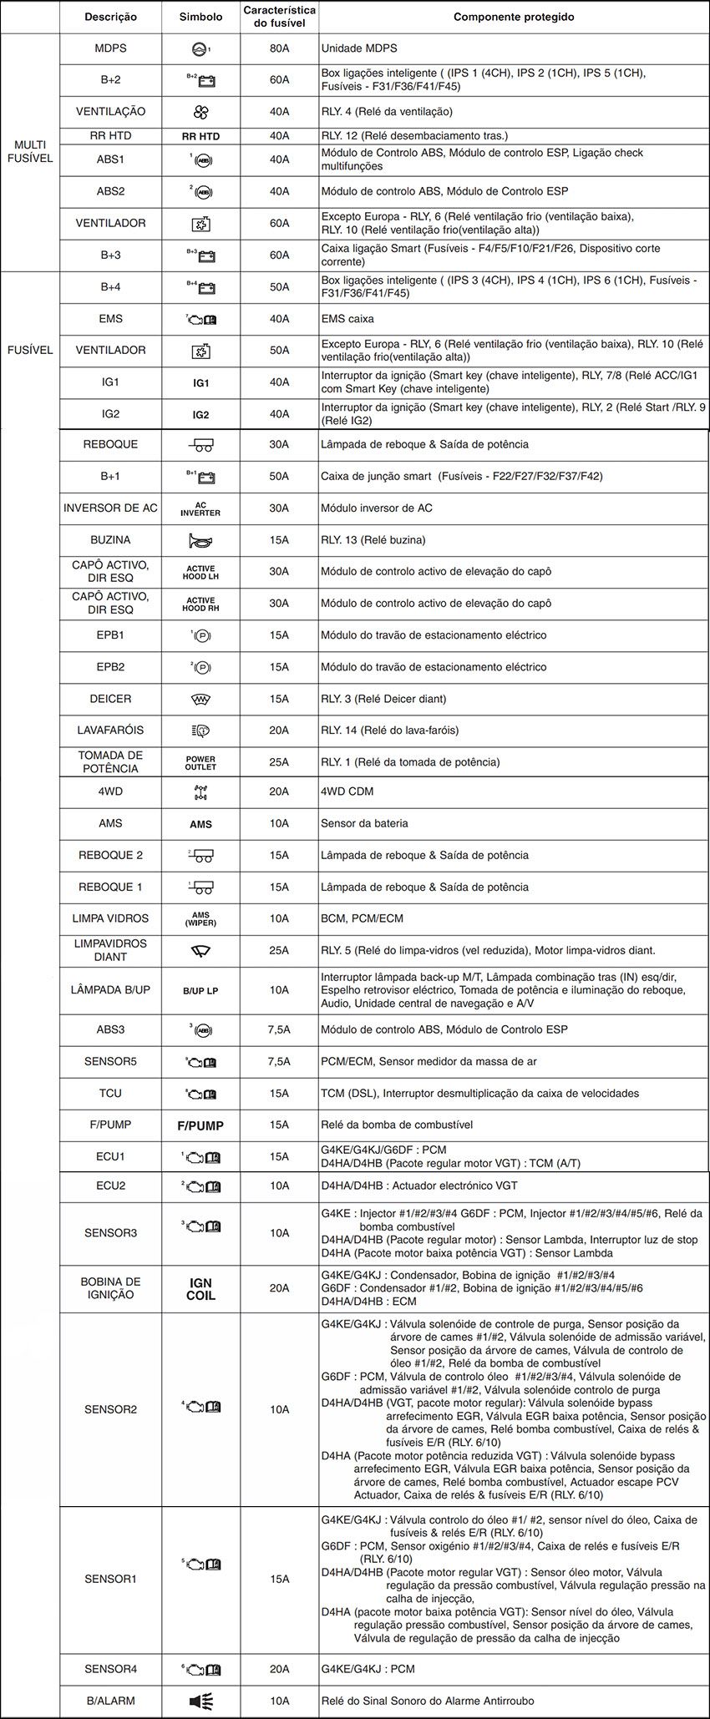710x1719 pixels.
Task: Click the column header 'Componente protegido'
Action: pyautogui.click(x=514, y=17)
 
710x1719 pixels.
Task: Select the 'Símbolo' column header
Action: pyautogui.click(x=200, y=17)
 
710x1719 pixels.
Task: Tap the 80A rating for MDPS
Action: pyautogui.click(x=279, y=48)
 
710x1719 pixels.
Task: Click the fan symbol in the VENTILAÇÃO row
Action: pyautogui.click(x=200, y=112)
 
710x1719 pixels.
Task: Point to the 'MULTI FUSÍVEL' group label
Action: pyautogui.click(x=30, y=152)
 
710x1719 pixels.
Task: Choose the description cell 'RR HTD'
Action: pyautogui.click(x=110, y=135)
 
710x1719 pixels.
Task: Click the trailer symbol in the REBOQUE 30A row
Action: pyautogui.click(x=200, y=445)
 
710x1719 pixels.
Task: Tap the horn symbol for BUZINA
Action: pyautogui.click(x=200, y=540)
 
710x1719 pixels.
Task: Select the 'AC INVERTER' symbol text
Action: pyautogui.click(x=200, y=508)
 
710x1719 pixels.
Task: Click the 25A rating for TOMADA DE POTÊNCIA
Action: pyautogui.click(x=279, y=762)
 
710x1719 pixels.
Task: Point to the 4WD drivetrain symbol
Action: pyautogui.click(x=200, y=792)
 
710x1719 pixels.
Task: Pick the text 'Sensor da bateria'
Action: pyautogui.click(x=364, y=823)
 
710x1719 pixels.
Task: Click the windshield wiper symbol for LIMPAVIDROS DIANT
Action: pyautogui.click(x=200, y=950)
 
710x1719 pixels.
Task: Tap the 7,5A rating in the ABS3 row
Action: pyautogui.click(x=279, y=1029)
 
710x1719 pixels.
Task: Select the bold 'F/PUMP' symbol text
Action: pyautogui.click(x=200, y=1125)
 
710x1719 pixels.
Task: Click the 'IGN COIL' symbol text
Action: pyautogui.click(x=200, y=1289)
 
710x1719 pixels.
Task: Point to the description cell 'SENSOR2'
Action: pyautogui.click(x=110, y=1409)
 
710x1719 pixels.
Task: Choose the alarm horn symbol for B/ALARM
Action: pyautogui.click(x=200, y=1701)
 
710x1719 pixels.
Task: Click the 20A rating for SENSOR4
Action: pyautogui.click(x=279, y=1669)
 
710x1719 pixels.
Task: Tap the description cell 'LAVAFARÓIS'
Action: pyautogui.click(x=110, y=731)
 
